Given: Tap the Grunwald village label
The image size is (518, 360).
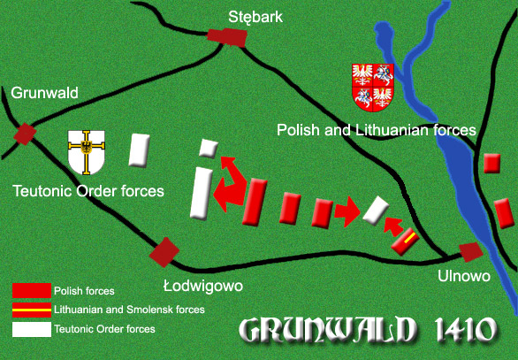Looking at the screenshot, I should (x=45, y=92).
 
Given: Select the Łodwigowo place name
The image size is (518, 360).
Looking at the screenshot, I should (x=202, y=286).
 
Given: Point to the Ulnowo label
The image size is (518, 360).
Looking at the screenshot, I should (x=464, y=276).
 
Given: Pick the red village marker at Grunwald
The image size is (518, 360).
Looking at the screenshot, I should (x=25, y=134).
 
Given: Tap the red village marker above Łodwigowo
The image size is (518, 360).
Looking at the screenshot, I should (x=164, y=251).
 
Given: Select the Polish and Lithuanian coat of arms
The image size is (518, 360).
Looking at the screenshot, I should (x=373, y=87).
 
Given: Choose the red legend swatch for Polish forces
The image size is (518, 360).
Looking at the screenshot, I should (x=31, y=290).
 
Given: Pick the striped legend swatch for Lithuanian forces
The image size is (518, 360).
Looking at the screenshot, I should (x=31, y=310).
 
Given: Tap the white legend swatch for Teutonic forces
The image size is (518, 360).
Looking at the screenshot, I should (x=31, y=329).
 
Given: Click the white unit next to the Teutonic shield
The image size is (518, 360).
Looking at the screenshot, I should (x=138, y=150).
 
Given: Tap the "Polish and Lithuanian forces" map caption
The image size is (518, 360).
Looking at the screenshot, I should (x=376, y=130).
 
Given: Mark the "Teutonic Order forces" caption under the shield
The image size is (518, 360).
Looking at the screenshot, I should (x=88, y=190).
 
